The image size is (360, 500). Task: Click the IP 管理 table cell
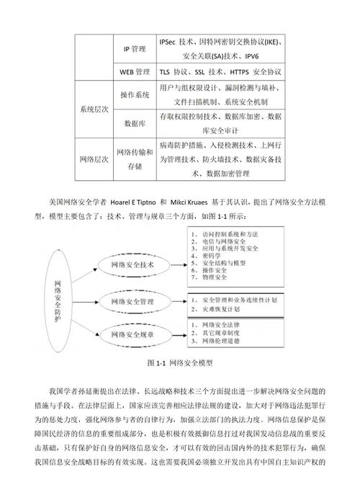pos(135,49)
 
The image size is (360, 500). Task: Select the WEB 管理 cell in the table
pos(135,72)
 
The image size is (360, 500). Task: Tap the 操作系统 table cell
pos(135,95)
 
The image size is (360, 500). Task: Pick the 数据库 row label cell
pos(135,123)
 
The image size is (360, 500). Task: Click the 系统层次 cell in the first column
pos(94,110)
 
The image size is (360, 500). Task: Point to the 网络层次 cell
pos(94,159)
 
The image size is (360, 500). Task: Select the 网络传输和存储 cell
pos(135,159)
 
